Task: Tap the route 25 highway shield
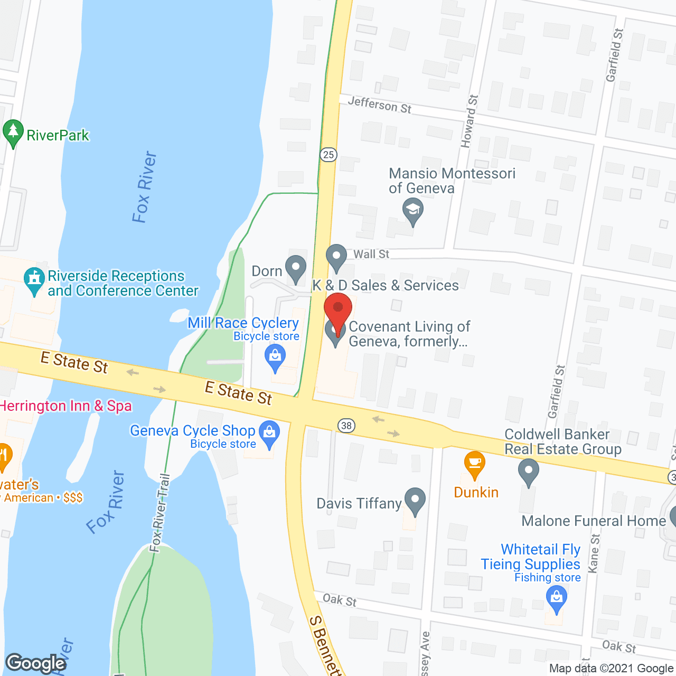click(328, 154)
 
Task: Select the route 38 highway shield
click(346, 426)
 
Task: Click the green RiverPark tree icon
click(13, 133)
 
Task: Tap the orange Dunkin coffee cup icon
click(474, 464)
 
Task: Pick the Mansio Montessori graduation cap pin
click(412, 211)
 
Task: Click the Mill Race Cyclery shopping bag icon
click(275, 357)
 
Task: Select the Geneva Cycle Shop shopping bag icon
click(270, 434)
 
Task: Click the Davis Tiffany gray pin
click(415, 500)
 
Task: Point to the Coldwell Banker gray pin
click(528, 471)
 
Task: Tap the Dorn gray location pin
click(296, 268)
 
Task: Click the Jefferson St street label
click(379, 104)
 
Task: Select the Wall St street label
click(371, 254)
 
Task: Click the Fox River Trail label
click(159, 512)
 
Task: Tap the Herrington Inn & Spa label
click(66, 406)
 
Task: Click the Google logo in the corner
click(36, 663)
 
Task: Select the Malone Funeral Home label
click(594, 521)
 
